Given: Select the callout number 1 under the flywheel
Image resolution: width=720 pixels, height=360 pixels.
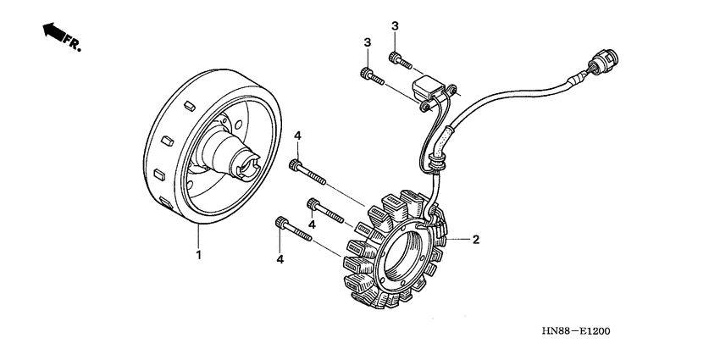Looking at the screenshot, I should click(x=199, y=254).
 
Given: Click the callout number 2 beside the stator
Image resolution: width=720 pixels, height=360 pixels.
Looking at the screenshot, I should click(x=476, y=240).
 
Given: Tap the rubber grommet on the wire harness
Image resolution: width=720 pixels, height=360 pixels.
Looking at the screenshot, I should click(x=438, y=157).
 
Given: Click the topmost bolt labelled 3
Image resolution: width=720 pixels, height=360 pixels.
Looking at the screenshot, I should click(x=400, y=59).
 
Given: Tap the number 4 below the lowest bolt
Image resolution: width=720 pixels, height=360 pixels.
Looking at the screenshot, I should click(x=280, y=259).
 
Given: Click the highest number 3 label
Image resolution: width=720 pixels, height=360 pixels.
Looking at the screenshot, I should click(x=395, y=27).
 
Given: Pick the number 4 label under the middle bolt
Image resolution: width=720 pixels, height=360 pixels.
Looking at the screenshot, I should click(x=312, y=224).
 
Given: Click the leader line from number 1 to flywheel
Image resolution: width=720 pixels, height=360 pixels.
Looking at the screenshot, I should click(x=199, y=236).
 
